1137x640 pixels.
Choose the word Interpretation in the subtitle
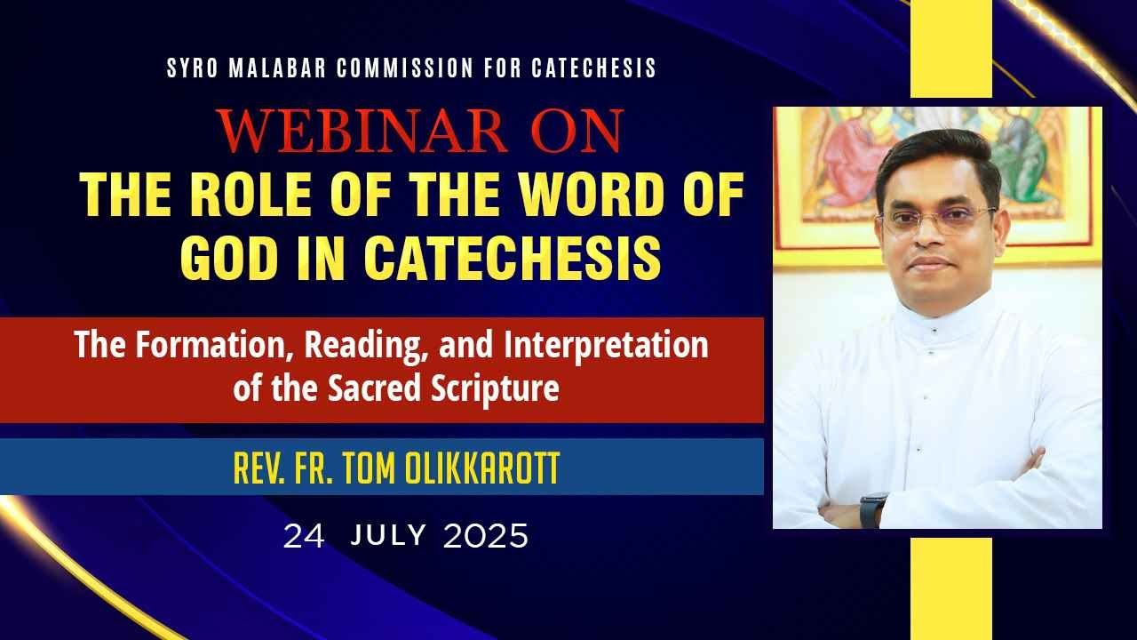click(606, 345)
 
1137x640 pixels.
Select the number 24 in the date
click(304, 536)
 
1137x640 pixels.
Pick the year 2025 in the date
click(485, 536)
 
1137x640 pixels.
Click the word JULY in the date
click(389, 536)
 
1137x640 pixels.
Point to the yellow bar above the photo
click(950, 49)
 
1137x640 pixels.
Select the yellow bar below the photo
click(950, 587)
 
